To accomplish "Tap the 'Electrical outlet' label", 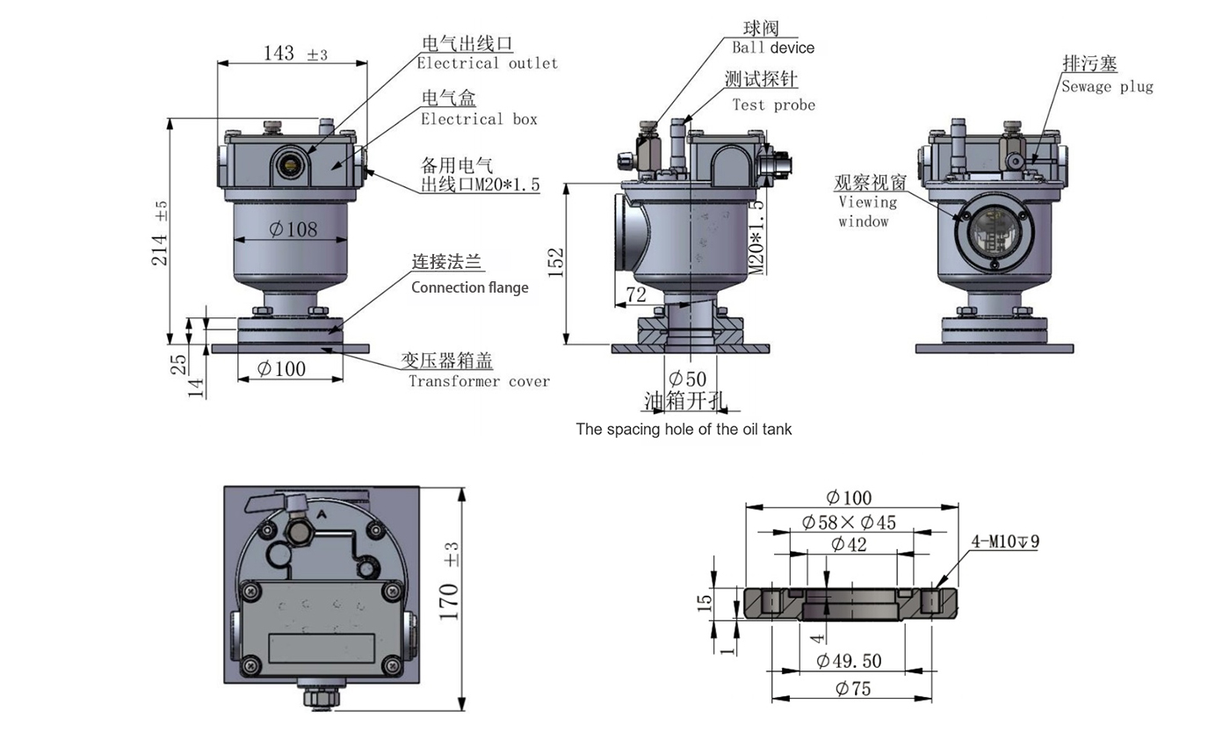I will tap(487, 63).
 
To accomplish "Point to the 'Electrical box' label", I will tap(479, 119).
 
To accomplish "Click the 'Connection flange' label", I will tap(470, 287).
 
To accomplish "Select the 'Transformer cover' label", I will tap(479, 381).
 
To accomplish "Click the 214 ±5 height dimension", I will tap(160, 233).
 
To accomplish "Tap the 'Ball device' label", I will tap(773, 47).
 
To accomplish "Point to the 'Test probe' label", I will tap(773, 105).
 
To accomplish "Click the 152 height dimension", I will tap(556, 263).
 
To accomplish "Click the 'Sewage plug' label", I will tap(1107, 86).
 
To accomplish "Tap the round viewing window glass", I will tap(995, 229).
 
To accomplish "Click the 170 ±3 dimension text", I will tap(450, 581).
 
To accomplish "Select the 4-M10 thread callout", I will tap(1005, 541).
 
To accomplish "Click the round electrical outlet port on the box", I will tap(288, 162).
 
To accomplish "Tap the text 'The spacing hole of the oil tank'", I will tap(684, 430).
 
